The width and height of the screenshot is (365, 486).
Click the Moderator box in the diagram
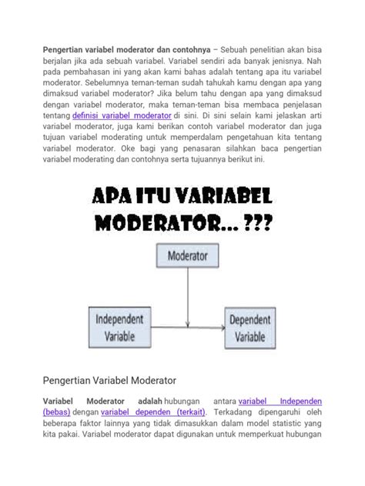[184, 254]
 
